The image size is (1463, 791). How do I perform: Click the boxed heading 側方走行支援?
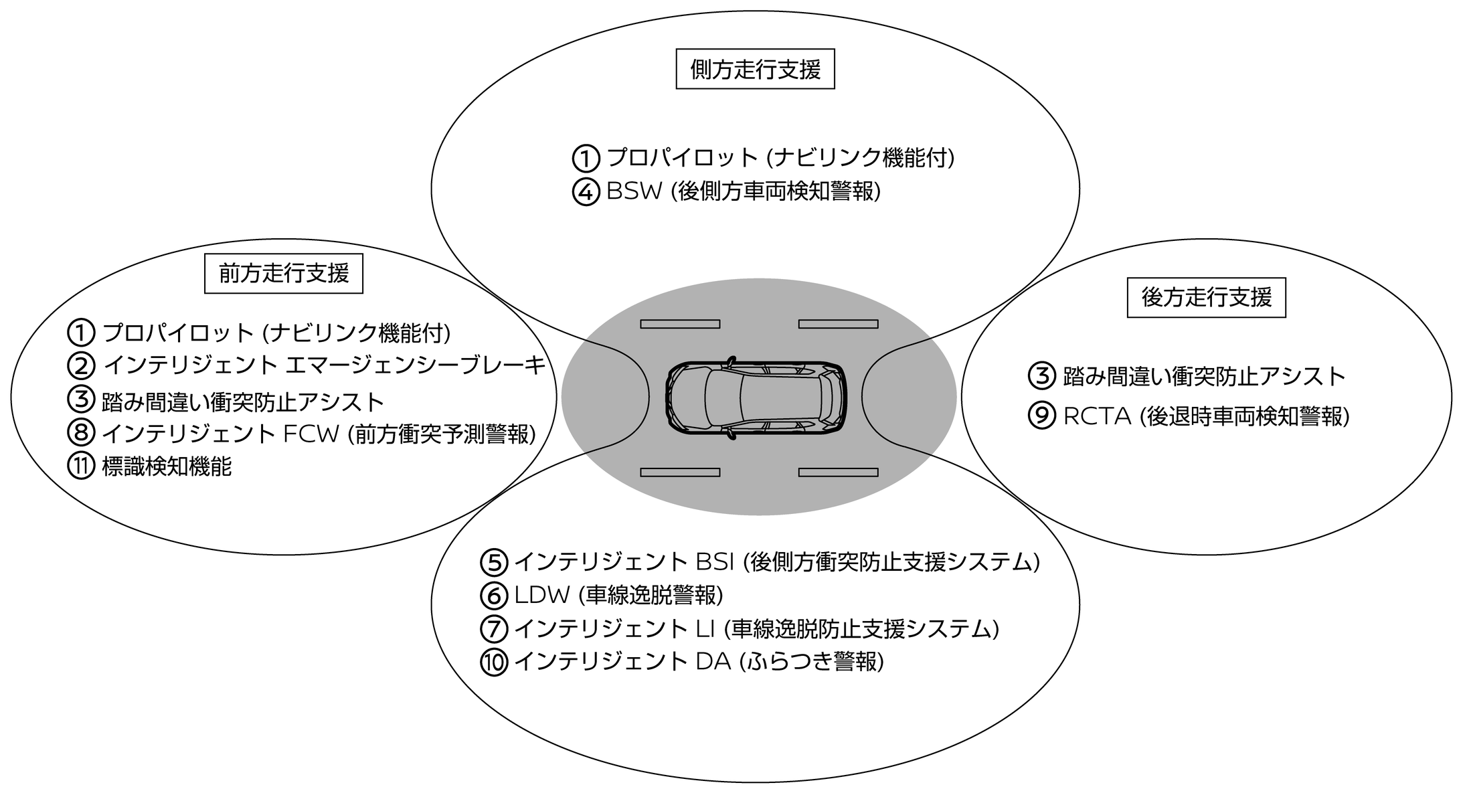[x=755, y=69]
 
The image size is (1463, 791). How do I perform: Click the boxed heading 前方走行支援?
[x=283, y=274]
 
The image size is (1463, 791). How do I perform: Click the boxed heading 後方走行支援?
[x=1206, y=297]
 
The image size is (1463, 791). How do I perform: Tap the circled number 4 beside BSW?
[x=586, y=193]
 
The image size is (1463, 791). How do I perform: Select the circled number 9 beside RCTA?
[x=1041, y=416]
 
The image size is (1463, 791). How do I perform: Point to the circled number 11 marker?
[x=81, y=466]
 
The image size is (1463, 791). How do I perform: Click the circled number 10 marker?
[x=495, y=663]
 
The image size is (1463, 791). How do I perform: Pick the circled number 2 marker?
[x=81, y=365]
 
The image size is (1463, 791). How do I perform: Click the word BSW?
[x=634, y=191]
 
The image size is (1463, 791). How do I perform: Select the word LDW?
[x=541, y=595]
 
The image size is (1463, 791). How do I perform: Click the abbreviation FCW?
[x=311, y=434]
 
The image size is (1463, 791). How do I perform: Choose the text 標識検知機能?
[x=167, y=466]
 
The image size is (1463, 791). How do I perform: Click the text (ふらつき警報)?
[x=811, y=662]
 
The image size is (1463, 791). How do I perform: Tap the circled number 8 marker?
[x=81, y=434]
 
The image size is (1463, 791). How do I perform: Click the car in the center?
[x=756, y=397]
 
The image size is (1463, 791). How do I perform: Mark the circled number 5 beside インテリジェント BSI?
[x=495, y=563]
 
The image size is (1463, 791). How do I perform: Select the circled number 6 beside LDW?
[x=495, y=596]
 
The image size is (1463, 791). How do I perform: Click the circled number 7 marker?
[x=495, y=629]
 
